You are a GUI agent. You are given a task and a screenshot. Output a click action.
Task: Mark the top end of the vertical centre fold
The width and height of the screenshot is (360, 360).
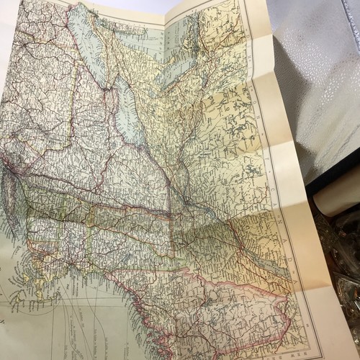pos(165,14)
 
